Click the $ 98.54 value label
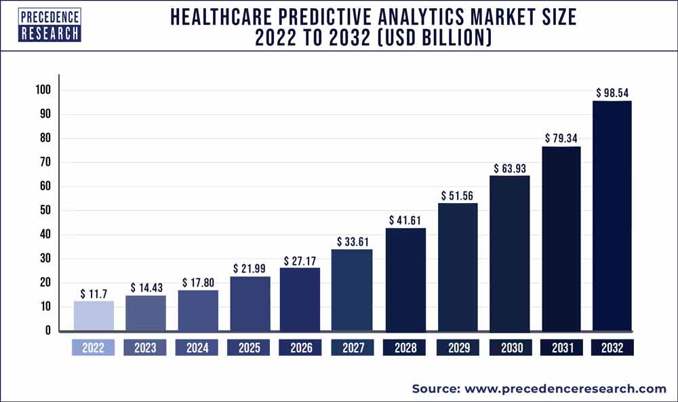pos(612,92)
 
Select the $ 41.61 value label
pos(405,220)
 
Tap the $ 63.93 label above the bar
pos(509,167)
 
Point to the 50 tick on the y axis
pos(45,211)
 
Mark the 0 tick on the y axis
pos(47,331)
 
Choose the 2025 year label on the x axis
pos(250,348)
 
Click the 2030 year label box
pos(509,348)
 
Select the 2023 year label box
pos(146,348)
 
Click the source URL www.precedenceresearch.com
pos(564,389)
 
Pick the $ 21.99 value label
pos(250,268)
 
